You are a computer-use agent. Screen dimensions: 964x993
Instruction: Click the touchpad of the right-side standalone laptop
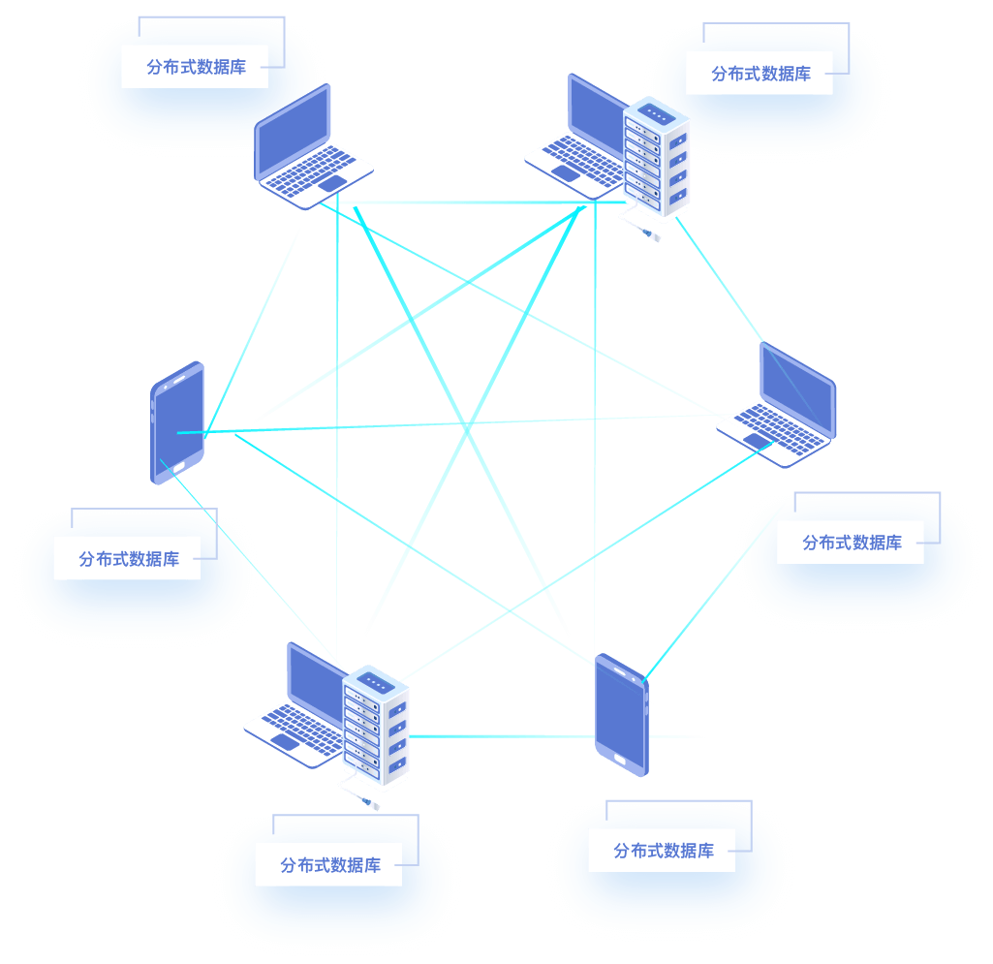pyautogui.click(x=759, y=441)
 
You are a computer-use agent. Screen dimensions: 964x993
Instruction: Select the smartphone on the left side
pyautogui.click(x=177, y=422)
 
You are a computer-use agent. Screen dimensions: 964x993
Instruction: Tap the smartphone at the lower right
pyautogui.click(x=621, y=714)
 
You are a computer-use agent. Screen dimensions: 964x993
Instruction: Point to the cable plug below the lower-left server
pyautogui.click(x=371, y=803)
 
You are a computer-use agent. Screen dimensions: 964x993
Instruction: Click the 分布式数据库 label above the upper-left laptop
pyautogui.click(x=195, y=68)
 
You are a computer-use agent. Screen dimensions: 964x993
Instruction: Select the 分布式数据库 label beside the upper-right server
pyautogui.click(x=760, y=74)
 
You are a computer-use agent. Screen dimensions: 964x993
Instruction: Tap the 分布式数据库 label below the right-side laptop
pyautogui.click(x=851, y=543)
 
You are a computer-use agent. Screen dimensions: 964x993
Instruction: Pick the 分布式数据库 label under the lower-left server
pyautogui.click(x=329, y=865)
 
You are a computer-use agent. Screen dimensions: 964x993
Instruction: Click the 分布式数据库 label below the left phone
pyautogui.click(x=128, y=559)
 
